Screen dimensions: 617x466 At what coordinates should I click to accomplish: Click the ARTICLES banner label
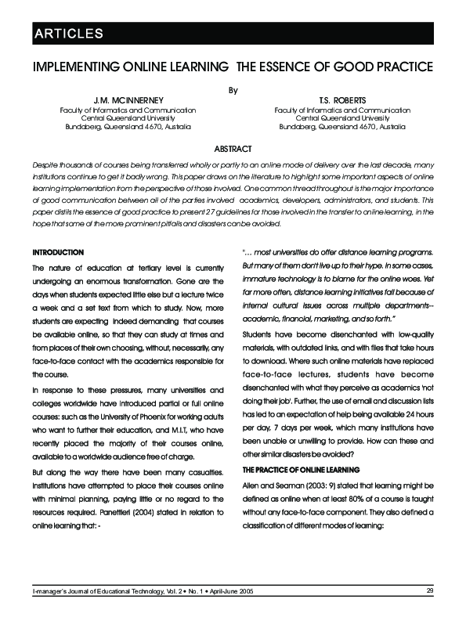67,33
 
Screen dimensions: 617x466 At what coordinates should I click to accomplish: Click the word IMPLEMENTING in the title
74,67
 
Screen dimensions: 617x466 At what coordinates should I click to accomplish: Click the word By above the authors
233,89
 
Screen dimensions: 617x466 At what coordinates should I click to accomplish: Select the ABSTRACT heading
233,149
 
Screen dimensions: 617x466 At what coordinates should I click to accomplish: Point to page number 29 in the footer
430,590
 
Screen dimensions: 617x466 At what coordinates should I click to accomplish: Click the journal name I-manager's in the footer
50,590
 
